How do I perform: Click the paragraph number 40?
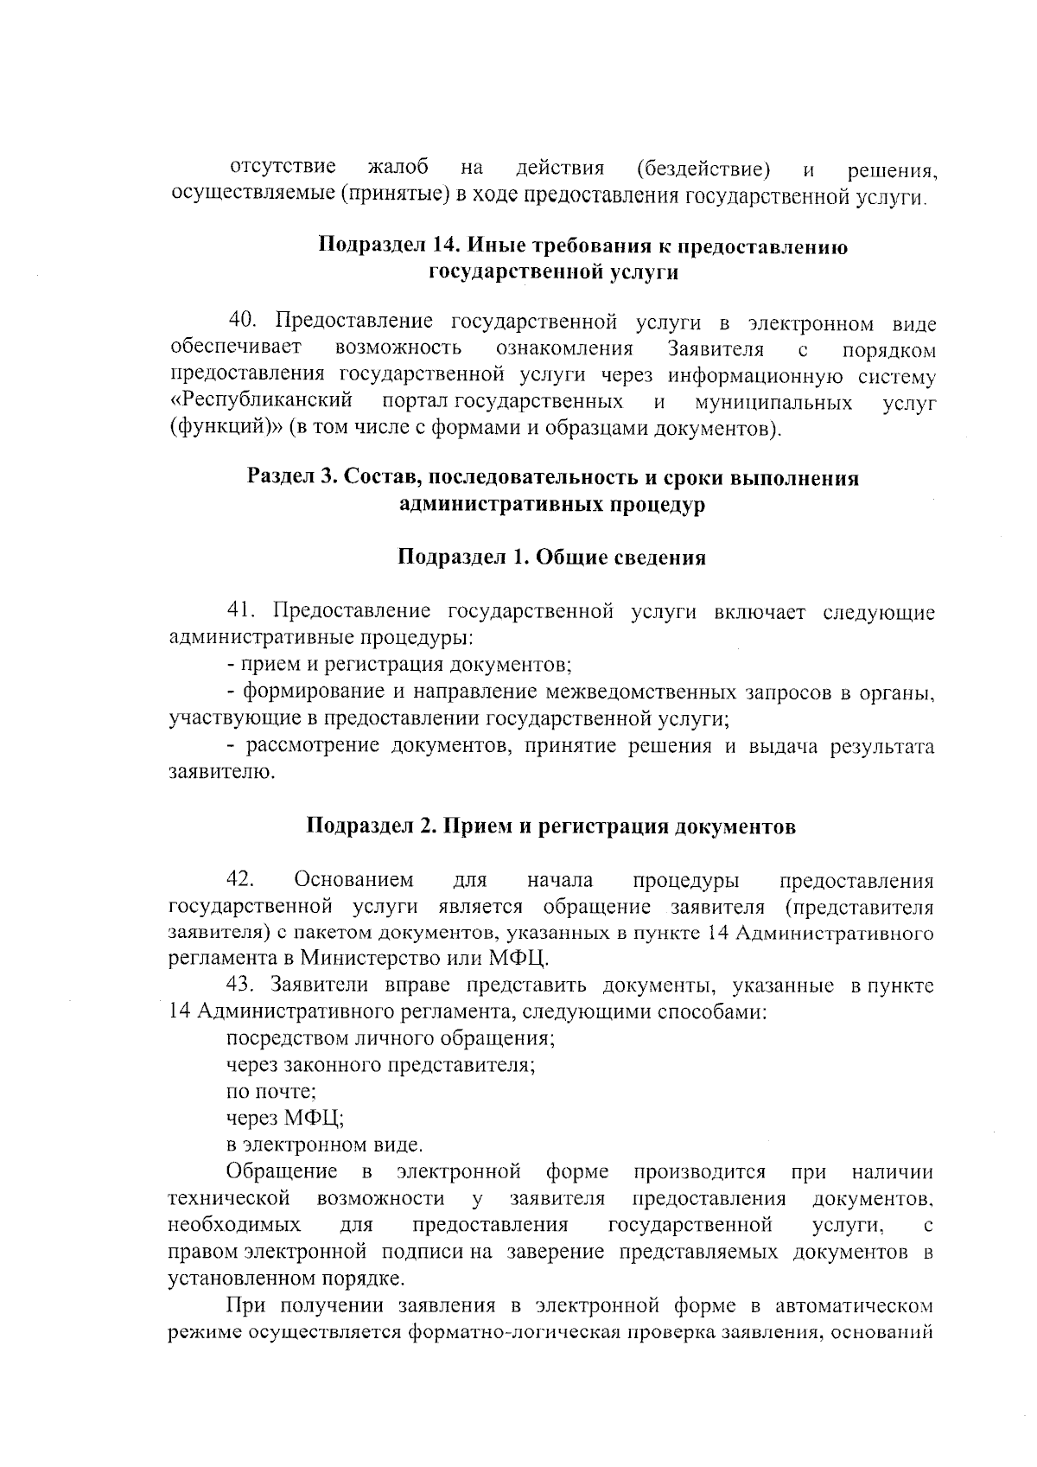point(244,322)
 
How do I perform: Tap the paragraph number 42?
point(239,880)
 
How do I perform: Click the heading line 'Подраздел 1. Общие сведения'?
point(551,558)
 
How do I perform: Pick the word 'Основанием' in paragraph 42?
point(353,880)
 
